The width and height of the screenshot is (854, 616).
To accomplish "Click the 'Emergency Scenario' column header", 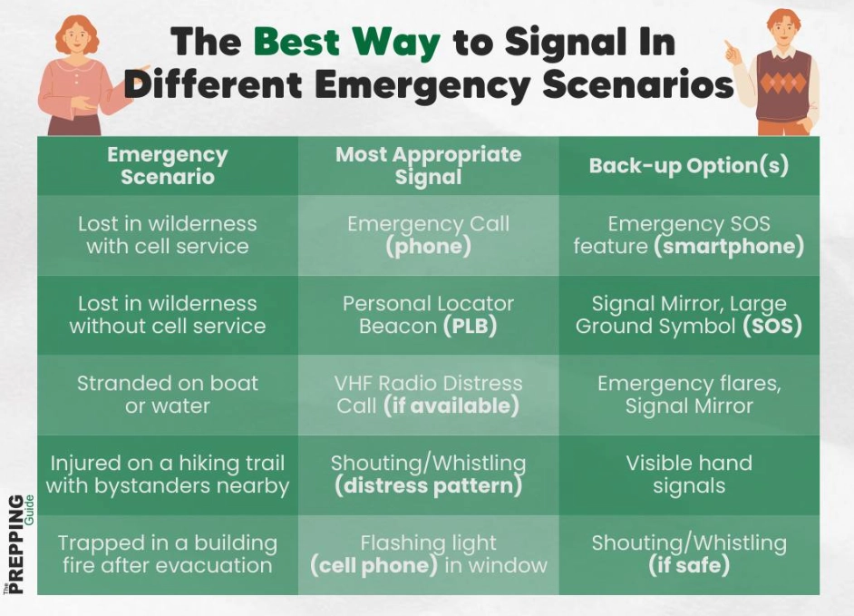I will [x=167, y=165].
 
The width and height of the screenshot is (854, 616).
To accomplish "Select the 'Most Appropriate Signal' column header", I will [x=428, y=165].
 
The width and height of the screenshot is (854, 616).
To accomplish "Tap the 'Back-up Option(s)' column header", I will [x=689, y=165].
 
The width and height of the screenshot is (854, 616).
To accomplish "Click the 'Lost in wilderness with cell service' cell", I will [x=167, y=235].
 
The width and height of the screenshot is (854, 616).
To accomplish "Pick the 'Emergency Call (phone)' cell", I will [x=428, y=235].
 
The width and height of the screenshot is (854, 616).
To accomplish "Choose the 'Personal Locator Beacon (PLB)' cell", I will [x=428, y=315].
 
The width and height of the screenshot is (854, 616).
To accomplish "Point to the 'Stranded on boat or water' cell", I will [x=167, y=395].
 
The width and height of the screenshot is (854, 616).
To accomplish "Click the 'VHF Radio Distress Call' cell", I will [x=428, y=395].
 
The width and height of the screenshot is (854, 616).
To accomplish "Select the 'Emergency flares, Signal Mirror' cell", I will [x=689, y=395].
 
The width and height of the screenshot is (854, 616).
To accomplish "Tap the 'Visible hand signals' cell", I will [x=689, y=474].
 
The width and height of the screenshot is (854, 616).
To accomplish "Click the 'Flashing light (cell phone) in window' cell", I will [x=428, y=554].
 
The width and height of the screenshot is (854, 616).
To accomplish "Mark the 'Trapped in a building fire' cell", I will [x=167, y=554].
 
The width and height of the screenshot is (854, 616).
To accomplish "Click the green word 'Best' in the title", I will [x=298, y=42].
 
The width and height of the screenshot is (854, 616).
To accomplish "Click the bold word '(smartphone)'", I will [x=729, y=247].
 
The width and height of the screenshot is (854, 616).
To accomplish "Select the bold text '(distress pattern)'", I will [x=428, y=486].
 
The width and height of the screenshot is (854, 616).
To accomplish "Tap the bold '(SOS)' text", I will [x=772, y=327].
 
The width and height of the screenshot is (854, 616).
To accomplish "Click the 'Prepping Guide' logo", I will [x=20, y=544].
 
